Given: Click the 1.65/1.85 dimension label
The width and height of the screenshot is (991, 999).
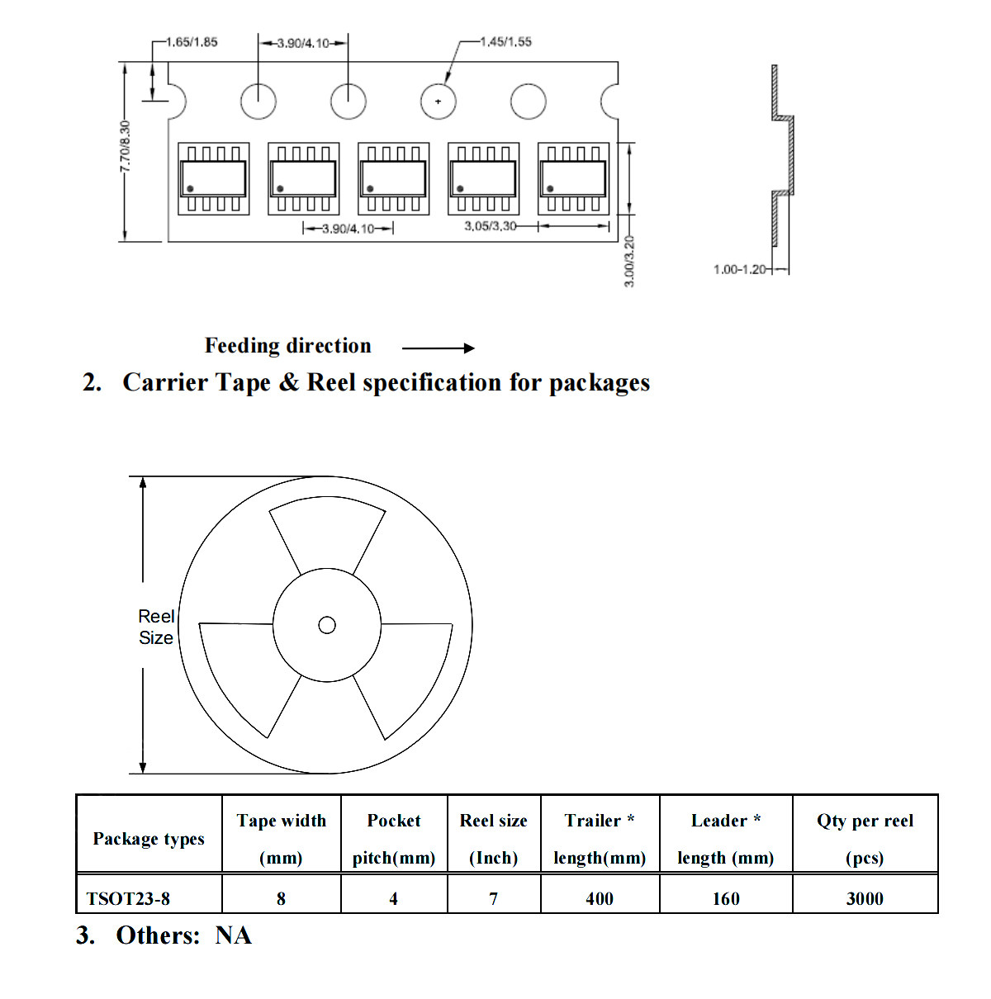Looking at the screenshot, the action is click(192, 42).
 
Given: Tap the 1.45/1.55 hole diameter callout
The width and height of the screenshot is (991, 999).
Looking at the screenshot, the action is click(505, 41).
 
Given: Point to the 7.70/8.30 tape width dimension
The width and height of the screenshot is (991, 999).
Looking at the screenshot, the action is click(125, 146).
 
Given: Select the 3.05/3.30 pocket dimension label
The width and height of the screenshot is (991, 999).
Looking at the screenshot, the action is click(490, 226).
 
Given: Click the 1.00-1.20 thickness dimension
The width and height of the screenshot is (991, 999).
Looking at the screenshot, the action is click(739, 269).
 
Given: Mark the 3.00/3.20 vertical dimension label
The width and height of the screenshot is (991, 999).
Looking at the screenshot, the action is click(628, 261).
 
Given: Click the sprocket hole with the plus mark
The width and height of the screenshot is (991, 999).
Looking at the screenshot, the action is click(439, 101).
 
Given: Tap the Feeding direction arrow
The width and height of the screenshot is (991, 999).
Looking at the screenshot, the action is click(439, 348).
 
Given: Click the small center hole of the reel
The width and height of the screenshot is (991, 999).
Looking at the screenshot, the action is click(327, 625).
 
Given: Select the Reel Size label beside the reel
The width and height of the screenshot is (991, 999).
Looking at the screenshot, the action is click(155, 627).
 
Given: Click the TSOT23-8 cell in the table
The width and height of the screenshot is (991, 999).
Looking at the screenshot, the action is click(128, 899).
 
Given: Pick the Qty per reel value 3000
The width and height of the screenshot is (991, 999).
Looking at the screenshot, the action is click(865, 899).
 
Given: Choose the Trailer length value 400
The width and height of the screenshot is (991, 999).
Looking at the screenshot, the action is click(600, 899).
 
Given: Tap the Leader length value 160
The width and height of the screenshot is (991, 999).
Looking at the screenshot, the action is click(725, 899).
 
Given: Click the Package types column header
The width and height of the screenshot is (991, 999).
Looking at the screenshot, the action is click(149, 839).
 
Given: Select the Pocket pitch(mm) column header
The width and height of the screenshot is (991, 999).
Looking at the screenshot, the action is click(394, 839).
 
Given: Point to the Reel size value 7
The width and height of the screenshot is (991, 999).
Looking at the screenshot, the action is click(493, 899).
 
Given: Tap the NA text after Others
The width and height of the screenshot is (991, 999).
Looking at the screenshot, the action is click(234, 935).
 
